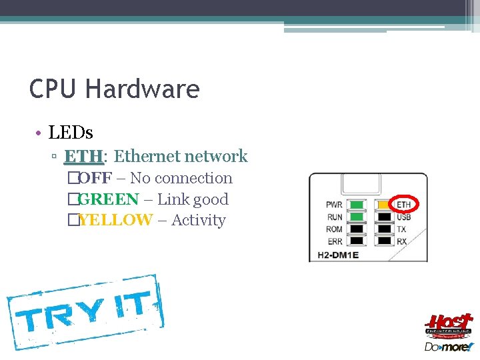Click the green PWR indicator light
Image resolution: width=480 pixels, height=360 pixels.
[359, 205]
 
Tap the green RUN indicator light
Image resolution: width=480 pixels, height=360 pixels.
[359, 217]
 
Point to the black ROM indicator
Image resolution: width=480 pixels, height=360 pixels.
[359, 229]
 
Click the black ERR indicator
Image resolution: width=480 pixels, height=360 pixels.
[359, 241]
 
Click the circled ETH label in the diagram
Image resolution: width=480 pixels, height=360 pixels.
[403, 204]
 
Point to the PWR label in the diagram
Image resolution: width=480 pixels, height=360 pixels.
[335, 205]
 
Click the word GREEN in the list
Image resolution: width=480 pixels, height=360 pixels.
[108, 199]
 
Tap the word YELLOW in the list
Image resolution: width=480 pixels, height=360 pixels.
[115, 220]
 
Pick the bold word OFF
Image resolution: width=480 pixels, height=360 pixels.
[95, 178]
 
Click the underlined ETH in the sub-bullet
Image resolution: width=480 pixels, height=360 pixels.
[83, 157]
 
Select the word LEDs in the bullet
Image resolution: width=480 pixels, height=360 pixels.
[71, 132]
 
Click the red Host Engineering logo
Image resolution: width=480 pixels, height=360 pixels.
[449, 326]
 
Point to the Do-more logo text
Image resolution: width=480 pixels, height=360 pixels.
[449, 347]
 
